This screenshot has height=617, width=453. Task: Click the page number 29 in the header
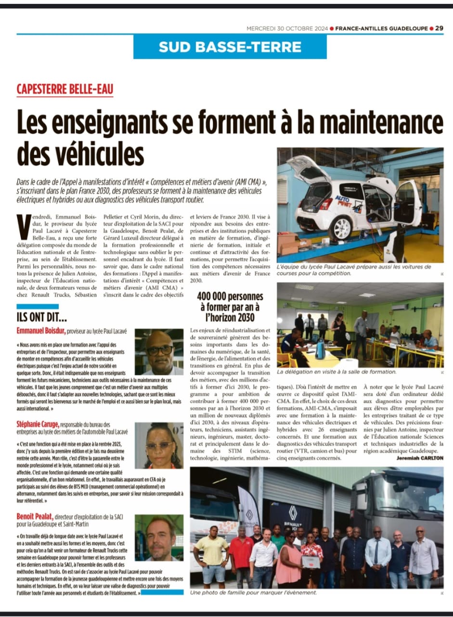coord(439,28)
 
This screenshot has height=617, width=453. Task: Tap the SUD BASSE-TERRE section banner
coord(230,47)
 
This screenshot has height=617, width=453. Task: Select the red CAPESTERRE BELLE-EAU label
coord(65,89)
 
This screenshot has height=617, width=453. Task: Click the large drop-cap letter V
coord(23,226)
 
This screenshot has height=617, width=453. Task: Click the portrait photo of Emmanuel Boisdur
coord(159,352)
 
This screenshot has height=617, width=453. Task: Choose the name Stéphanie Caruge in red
coord(39,424)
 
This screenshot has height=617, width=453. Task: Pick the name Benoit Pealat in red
coord(38,517)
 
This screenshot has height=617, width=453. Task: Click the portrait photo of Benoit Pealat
coord(159,538)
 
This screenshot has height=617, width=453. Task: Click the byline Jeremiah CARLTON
coord(420,457)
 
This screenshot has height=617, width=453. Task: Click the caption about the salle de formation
coord(337,372)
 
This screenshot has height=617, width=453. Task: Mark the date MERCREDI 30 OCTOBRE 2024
coord(287,28)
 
